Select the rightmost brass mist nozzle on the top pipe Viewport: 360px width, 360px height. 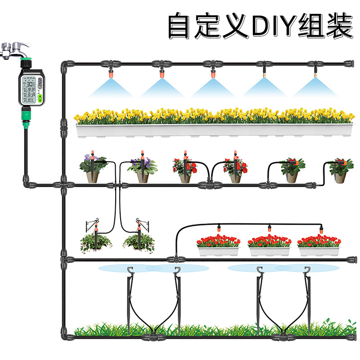(x=315, y=71)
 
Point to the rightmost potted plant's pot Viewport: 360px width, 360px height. (x=341, y=176)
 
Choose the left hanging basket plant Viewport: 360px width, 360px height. (x=96, y=243)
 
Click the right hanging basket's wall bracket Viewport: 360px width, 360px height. (x=145, y=222)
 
